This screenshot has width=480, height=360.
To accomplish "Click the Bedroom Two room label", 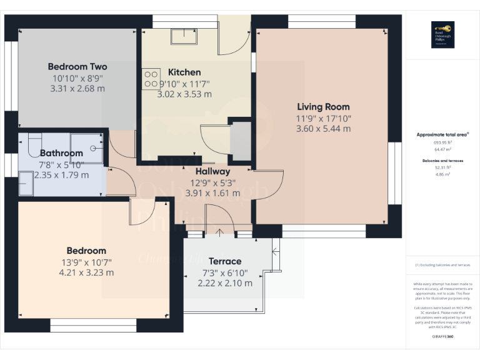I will [x=77, y=67].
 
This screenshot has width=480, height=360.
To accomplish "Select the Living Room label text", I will [x=323, y=107].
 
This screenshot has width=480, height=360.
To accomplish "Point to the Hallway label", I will [x=212, y=171].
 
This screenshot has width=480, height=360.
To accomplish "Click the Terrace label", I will [x=225, y=261].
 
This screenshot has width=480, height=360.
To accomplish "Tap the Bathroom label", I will [x=61, y=153].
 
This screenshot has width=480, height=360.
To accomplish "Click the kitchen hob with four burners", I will [x=151, y=77].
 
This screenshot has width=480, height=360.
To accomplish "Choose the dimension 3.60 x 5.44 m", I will [x=323, y=129].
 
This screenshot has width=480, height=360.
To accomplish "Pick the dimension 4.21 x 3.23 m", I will [x=86, y=272].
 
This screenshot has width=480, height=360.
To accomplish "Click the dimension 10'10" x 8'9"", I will [x=77, y=78].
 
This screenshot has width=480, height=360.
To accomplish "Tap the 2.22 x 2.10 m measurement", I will [x=225, y=283].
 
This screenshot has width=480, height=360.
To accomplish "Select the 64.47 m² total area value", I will [x=443, y=149].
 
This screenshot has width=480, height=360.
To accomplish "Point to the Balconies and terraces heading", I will [x=443, y=161].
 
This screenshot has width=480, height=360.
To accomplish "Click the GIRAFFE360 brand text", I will [x=443, y=337].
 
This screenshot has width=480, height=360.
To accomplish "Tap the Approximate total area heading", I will [x=442, y=134].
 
